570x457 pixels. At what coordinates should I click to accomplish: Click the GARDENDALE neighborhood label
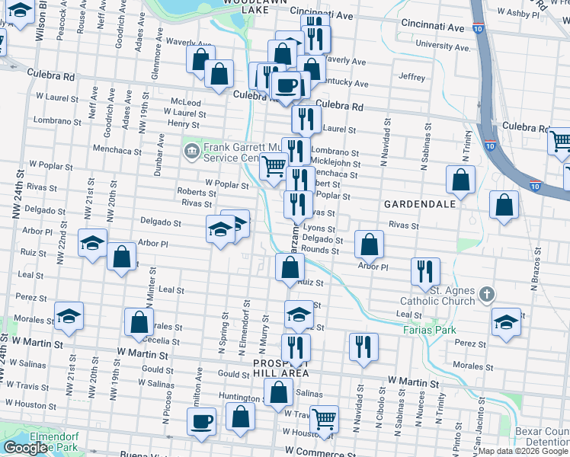pyautogui.click(x=420, y=204)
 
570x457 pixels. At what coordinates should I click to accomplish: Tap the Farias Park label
pyautogui.click(x=430, y=330)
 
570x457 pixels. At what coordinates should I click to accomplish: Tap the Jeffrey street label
pyautogui.click(x=411, y=77)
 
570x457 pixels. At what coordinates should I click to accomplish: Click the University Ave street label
pyautogui.click(x=444, y=46)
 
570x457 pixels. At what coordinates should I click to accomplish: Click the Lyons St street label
pyautogui.click(x=319, y=228)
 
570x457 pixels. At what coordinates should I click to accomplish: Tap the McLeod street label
pyautogui.click(x=186, y=102)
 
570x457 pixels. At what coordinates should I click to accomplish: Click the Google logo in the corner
pyautogui.click(x=25, y=447)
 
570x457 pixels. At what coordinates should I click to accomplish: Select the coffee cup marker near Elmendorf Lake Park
pyautogui.click(x=202, y=421)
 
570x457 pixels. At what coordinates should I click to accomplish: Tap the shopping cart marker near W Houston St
pyautogui.click(x=325, y=418)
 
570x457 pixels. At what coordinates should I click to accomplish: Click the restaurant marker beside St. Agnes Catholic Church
pyautogui.click(x=425, y=271)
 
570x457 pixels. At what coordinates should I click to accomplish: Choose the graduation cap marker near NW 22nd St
pyautogui.click(x=92, y=243)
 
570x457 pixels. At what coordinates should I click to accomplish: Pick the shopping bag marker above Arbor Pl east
pyautogui.click(x=369, y=244)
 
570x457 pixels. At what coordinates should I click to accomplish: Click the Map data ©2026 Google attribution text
pyautogui.click(x=523, y=451)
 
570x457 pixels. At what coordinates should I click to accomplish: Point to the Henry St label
pyautogui.click(x=183, y=123)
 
